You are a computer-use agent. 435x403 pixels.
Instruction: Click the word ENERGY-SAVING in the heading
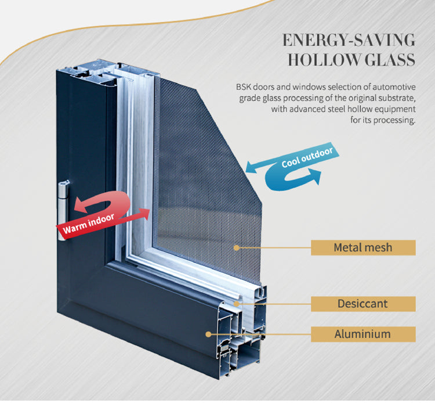click(x=349, y=40)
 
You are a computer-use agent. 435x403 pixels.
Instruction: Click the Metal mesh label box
click(x=363, y=247)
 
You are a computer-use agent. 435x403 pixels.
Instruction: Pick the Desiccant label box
click(x=363, y=304)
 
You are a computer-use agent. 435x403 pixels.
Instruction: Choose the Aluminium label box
click(x=363, y=334)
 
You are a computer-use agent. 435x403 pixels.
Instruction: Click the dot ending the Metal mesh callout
click(x=237, y=247)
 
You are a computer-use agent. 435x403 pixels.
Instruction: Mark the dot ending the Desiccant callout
click(x=237, y=304)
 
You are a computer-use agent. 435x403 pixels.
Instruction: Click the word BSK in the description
click(x=244, y=87)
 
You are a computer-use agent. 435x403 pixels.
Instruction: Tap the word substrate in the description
click(x=396, y=98)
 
